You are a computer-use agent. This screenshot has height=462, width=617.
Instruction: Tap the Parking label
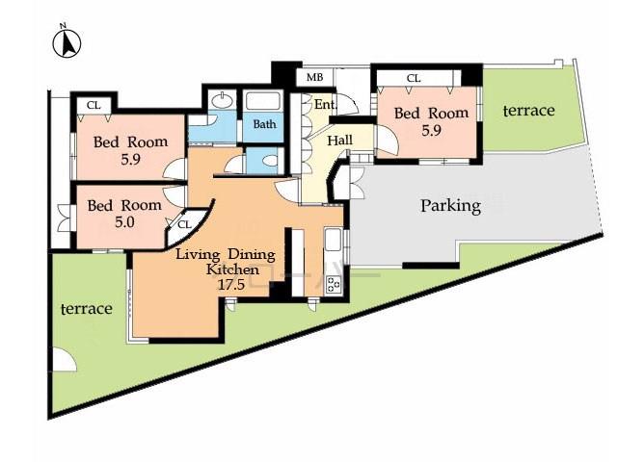[x=450, y=205]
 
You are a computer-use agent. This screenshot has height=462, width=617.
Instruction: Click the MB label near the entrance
[x=314, y=77]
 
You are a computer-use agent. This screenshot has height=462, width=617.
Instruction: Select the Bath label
[x=264, y=124]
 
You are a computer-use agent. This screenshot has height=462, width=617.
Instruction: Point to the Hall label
[x=339, y=141]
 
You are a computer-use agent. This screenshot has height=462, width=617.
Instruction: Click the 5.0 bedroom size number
[x=122, y=221]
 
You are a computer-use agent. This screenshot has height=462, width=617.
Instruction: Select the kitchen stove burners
[x=335, y=283]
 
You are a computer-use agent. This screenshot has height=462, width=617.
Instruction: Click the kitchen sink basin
[x=331, y=240]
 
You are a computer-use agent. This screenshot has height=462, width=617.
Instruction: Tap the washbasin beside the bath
[x=223, y=100]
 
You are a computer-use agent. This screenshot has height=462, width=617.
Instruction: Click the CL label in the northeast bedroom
[x=413, y=78]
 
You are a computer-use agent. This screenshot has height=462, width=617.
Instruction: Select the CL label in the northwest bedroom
[x=94, y=105]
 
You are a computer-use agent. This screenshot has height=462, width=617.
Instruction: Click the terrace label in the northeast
[x=529, y=111]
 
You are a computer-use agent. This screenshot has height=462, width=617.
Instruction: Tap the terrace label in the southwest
[x=87, y=309]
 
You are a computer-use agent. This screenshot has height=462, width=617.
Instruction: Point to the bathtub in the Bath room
[x=261, y=101]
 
